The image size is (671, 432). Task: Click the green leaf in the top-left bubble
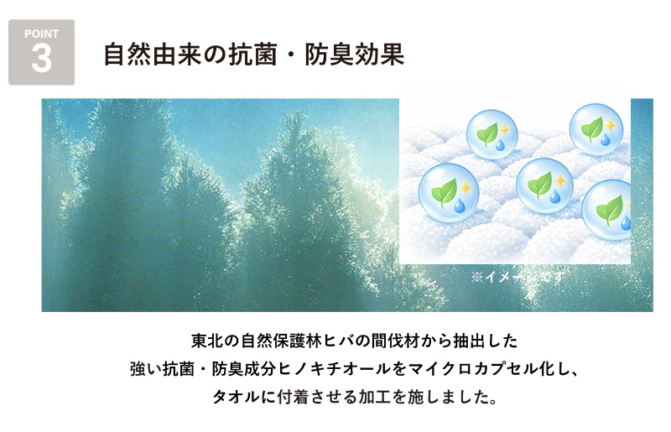[x=487, y=133]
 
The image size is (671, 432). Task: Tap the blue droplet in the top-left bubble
[x=501, y=145]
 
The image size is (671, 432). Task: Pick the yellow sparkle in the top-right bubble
[x=610, y=125]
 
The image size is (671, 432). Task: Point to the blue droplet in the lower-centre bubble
[x=554, y=196]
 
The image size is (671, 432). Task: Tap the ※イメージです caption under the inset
[x=518, y=275]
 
